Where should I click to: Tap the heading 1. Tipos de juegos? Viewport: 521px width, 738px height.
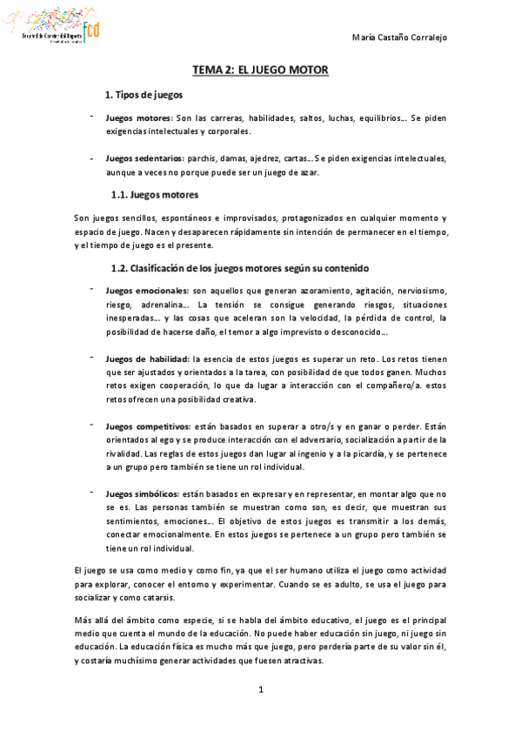(143, 94)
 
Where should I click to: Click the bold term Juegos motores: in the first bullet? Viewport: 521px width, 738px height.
(138, 117)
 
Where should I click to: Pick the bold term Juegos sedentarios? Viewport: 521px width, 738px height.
(144, 158)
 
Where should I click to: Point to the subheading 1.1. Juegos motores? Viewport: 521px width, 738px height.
(155, 194)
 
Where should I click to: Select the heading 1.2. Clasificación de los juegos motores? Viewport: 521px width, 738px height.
(240, 267)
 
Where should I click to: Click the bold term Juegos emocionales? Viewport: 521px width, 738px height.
(147, 290)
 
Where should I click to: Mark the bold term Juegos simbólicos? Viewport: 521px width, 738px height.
(143, 493)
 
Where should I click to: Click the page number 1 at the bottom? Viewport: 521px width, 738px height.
(260, 689)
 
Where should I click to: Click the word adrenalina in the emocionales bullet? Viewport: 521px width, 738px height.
(165, 305)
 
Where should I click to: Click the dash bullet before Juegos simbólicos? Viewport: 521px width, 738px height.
(90, 493)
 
